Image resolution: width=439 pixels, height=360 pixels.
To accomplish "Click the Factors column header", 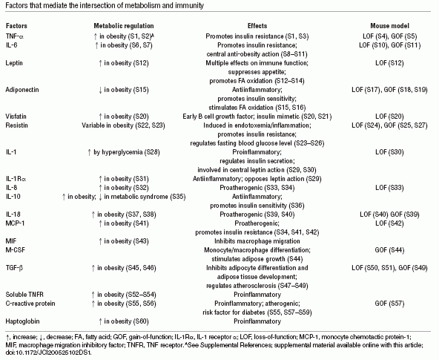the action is (x=16, y=26).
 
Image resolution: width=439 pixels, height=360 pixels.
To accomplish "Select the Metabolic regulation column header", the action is (x=124, y=26).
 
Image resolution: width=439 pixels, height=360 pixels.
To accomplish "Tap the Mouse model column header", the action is (x=390, y=26).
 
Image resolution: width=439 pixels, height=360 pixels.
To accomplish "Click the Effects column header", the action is (x=257, y=26).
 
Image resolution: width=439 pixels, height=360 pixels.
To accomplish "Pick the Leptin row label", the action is (x=14, y=63).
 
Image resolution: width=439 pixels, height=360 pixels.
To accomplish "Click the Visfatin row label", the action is (x=16, y=117).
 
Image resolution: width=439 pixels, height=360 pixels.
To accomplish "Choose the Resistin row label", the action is (x=17, y=125).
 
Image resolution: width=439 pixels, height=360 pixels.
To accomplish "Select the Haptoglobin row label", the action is (x=22, y=321).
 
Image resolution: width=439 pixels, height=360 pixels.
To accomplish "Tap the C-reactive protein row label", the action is (x=30, y=304).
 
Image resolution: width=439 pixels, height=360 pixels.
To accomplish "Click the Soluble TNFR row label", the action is (x=24, y=295).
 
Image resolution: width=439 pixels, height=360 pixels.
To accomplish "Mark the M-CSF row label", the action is (x=15, y=250).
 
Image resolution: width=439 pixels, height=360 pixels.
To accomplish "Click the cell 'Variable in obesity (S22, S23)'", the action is (x=123, y=125).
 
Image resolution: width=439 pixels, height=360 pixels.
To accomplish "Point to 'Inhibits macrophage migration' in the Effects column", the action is (x=257, y=241).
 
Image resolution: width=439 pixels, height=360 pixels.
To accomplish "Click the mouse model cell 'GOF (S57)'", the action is (x=390, y=304).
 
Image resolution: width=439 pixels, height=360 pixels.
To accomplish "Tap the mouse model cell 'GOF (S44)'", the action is (x=390, y=250).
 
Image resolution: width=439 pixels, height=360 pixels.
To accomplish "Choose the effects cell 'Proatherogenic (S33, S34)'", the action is (x=257, y=188).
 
